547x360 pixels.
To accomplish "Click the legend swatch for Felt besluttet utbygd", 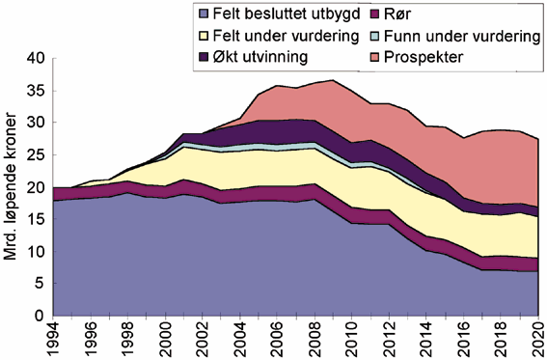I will click(203, 16).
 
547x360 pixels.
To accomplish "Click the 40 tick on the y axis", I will click(35, 59).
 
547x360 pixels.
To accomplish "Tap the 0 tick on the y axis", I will click(40, 316).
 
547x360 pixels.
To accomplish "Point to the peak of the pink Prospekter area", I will click(331, 81).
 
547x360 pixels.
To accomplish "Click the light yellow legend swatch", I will click(203, 37).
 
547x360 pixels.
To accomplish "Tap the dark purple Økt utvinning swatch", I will click(203, 56).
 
